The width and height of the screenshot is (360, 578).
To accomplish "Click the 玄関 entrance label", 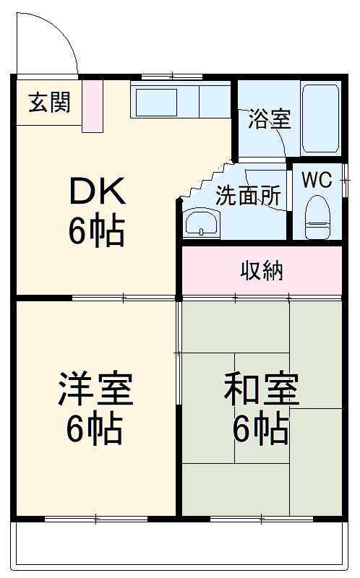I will [x=50, y=103].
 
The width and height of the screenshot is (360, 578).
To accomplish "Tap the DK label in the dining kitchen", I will [x=98, y=193].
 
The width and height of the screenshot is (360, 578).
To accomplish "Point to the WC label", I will [x=317, y=180].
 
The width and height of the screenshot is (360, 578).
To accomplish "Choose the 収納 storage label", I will [x=262, y=271].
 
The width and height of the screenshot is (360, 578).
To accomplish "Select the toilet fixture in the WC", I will [x=317, y=216].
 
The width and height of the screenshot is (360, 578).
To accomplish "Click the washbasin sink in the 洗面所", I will [x=201, y=223].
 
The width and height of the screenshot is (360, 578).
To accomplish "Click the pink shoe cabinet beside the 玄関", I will [x=93, y=106].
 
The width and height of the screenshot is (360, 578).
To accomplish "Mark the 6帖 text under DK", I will [x=98, y=231].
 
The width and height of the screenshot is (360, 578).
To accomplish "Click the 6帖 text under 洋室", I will [x=95, y=431].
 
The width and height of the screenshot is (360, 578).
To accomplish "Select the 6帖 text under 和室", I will [x=261, y=431].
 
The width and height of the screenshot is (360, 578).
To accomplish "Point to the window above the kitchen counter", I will [x=171, y=76].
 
